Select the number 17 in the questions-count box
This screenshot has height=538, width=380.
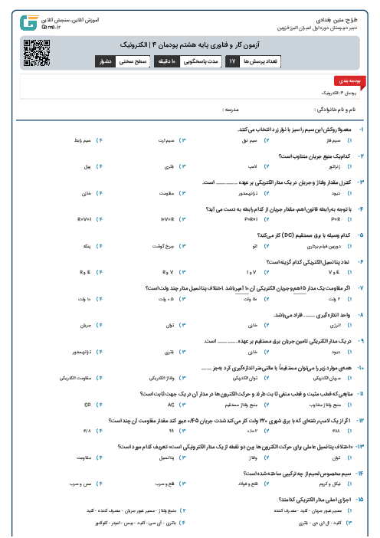click(x=233, y=60)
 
